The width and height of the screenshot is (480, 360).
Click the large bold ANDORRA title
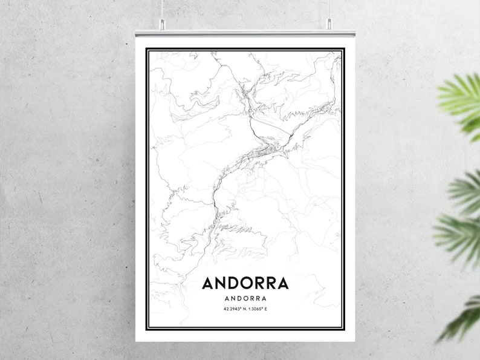[245, 283]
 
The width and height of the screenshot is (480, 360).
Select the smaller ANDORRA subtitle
[245, 298]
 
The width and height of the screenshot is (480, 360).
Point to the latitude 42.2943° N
[233, 310]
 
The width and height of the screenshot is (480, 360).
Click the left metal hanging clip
[163, 24]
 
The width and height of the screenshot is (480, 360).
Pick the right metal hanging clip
[329, 24]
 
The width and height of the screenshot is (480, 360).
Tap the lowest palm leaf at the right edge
[462, 318]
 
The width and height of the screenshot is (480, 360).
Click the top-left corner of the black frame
[148, 48]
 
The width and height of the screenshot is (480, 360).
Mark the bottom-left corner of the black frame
[148, 331]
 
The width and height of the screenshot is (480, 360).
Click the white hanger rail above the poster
[245, 31]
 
